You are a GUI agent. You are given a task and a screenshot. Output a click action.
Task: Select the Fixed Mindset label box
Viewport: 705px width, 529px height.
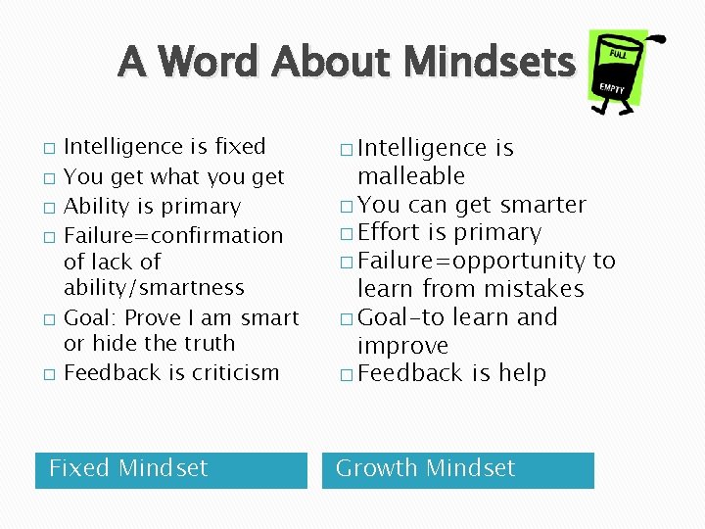170,468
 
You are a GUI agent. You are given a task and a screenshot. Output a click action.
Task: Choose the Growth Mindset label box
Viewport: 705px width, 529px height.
457,468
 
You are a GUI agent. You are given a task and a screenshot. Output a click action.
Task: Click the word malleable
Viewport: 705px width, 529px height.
411,176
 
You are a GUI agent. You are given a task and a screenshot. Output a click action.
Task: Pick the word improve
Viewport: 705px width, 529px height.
402,346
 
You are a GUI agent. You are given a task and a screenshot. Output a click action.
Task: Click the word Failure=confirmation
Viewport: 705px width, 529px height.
172,235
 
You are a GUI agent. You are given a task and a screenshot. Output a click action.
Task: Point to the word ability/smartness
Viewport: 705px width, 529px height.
154,288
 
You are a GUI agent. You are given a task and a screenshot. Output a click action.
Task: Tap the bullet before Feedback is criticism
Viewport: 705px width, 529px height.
49,374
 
